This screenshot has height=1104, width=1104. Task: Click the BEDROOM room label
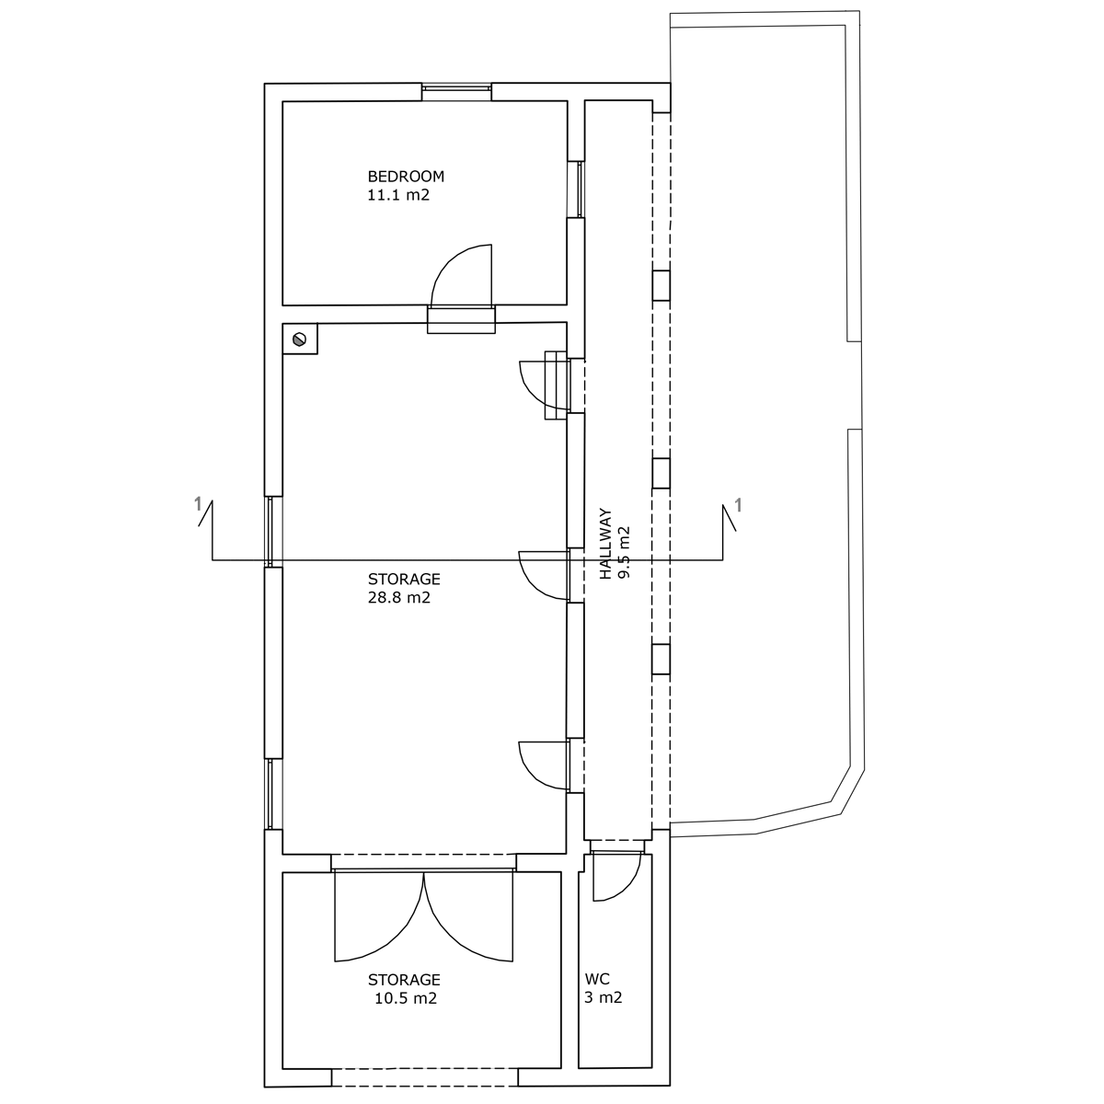click(406, 177)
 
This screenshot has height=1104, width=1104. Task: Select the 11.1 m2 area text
click(398, 195)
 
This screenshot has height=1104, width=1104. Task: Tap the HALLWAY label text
click(605, 544)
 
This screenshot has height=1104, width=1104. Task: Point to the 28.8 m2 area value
click(398, 598)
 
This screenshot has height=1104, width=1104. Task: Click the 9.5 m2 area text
click(625, 552)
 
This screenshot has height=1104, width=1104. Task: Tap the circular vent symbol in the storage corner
click(299, 339)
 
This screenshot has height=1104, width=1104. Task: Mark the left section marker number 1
click(198, 504)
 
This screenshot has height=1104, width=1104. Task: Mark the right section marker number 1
click(739, 505)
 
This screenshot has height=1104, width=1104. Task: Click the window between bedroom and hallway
click(580, 190)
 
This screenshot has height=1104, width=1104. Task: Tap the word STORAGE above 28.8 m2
click(404, 580)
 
